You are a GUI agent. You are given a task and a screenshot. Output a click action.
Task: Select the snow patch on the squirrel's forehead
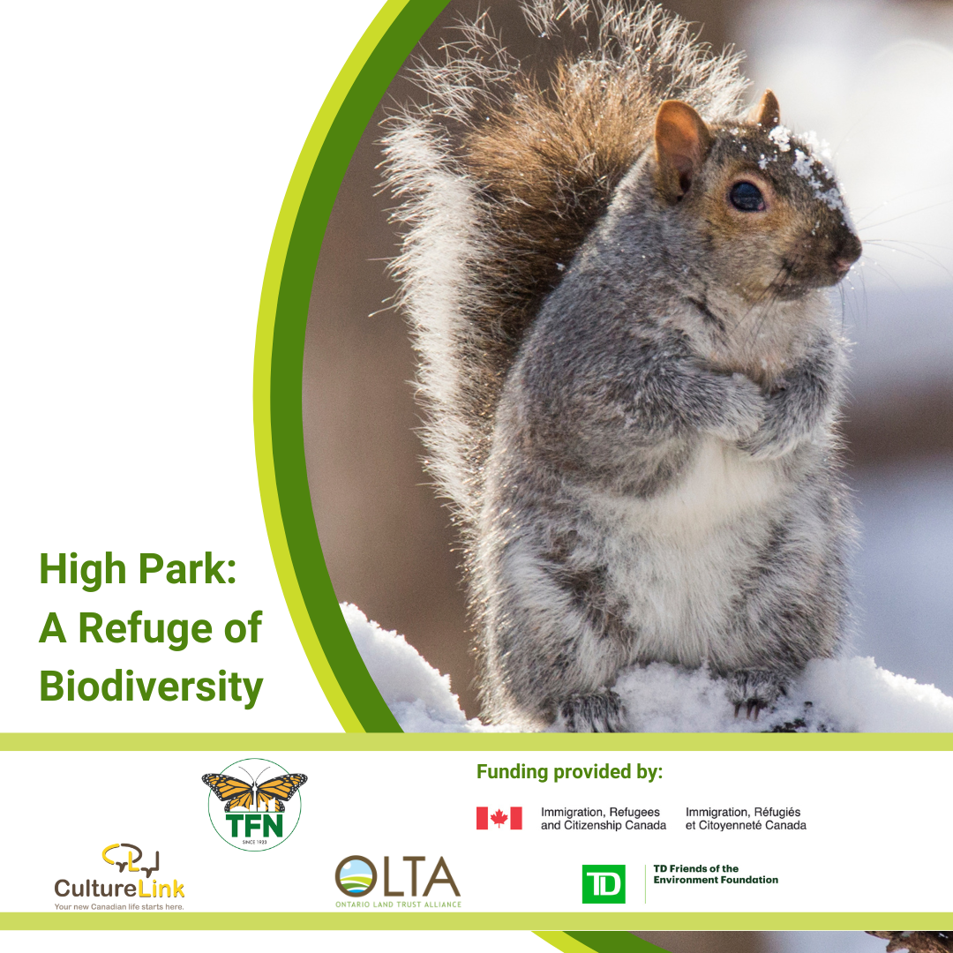pos(802,164)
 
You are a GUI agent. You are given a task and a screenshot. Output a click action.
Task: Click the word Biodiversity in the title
pos(152,686)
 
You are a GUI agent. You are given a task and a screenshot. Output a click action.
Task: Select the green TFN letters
pos(255,825)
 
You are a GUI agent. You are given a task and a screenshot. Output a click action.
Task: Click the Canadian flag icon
pos(499,818)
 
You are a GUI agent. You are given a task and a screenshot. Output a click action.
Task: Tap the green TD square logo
pos(604,883)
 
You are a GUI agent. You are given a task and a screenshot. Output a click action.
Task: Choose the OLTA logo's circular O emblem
pos(355,876)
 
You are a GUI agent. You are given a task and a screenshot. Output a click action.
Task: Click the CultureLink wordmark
pos(119,889)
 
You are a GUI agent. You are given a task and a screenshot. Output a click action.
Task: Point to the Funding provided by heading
pos(569,772)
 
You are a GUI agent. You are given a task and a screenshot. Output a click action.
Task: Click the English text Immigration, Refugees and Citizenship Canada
pos(604,819)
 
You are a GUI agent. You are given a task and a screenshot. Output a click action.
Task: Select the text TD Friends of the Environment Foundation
pos(716,874)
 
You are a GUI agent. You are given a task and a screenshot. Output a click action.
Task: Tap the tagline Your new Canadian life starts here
pos(119,907)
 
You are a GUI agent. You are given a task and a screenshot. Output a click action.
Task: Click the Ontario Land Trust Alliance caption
pos(398,904)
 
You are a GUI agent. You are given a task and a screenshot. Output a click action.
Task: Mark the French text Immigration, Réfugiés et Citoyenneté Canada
pos(746,819)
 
